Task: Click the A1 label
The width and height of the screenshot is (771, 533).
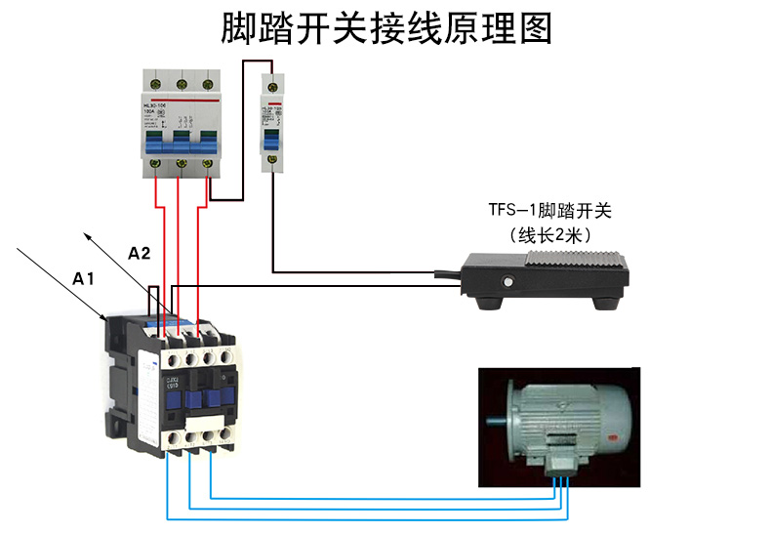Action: tap(83, 279)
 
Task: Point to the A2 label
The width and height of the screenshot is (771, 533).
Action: tap(140, 254)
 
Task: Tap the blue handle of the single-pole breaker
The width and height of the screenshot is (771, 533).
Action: tap(270, 141)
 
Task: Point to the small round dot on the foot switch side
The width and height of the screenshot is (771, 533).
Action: tap(507, 283)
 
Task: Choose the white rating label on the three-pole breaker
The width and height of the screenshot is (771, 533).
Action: tap(157, 115)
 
